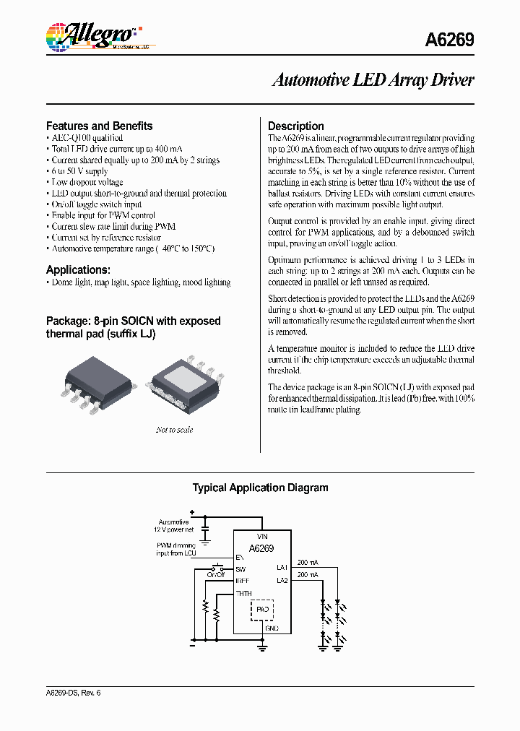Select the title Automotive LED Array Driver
(373, 80)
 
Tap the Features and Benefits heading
(99, 126)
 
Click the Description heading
(296, 126)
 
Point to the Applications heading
(78, 270)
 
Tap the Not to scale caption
(174, 430)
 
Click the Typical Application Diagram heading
(260, 488)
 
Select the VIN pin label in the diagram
(261, 537)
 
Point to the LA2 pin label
(282, 580)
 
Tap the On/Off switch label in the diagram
(216, 575)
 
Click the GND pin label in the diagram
(272, 628)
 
